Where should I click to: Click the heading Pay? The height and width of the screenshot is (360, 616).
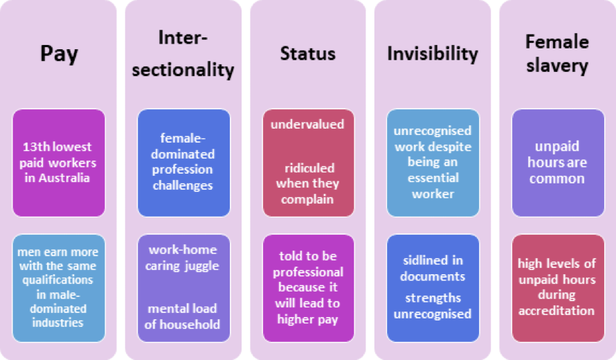(59, 54)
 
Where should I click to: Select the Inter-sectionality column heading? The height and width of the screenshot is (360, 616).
(183, 53)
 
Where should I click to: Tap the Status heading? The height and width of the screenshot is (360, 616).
(307, 54)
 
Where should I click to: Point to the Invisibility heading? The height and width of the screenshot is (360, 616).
(433, 54)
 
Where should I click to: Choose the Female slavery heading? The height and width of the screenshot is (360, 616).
(556, 53)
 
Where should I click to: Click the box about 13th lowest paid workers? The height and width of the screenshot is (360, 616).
(59, 163)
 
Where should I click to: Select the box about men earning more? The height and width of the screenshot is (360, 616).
(59, 287)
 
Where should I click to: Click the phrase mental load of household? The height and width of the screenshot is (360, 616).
(183, 316)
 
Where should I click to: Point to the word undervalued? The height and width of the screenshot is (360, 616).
(307, 125)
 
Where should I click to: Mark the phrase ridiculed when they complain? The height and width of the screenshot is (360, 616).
(307, 183)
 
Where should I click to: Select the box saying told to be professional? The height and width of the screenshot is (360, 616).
(307, 287)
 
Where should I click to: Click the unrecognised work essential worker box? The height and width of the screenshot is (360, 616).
(433, 162)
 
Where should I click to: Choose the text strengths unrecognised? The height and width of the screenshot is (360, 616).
(433, 306)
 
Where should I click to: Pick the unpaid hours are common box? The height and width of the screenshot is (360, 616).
(557, 162)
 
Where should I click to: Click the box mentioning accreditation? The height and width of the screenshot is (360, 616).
(557, 287)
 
